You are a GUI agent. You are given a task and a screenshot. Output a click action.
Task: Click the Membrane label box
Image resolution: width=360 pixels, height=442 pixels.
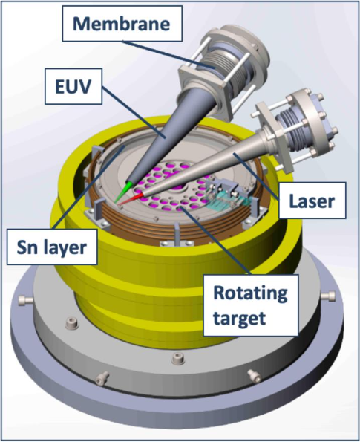pyautogui.click(x=122, y=24)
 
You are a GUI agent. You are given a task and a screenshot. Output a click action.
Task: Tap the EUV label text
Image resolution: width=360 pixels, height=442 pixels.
pyautogui.click(x=73, y=86)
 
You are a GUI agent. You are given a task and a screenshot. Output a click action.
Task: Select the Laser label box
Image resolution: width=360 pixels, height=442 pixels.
pyautogui.click(x=312, y=201)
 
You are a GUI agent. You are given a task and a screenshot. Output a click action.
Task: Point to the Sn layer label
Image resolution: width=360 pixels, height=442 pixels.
pyautogui.click(x=52, y=247)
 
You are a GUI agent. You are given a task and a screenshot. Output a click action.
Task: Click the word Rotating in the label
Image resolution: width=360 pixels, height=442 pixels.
pyautogui.click(x=250, y=293)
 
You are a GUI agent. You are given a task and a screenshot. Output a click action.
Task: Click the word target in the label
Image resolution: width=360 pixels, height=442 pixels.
pyautogui.click(x=240, y=318)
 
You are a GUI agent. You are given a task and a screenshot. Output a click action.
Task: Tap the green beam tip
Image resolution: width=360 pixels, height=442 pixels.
pyautogui.click(x=115, y=201)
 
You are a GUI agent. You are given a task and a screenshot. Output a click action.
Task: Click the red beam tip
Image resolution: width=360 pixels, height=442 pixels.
pyautogui.click(x=118, y=204)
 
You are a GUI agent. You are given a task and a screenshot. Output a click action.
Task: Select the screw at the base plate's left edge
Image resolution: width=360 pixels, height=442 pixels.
pyautogui.click(x=24, y=300)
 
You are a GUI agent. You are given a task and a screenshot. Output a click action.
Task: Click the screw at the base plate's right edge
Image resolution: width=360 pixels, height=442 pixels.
pyautogui.click(x=328, y=296)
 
